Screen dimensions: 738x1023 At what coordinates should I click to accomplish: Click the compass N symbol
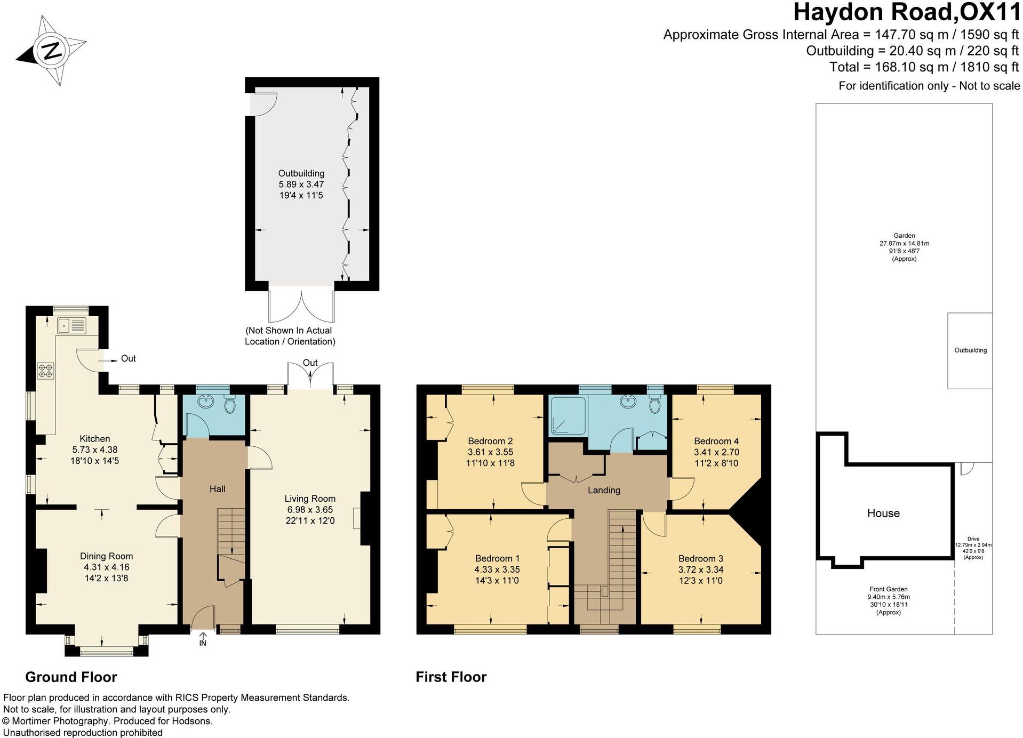52,51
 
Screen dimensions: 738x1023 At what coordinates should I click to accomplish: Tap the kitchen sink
71,325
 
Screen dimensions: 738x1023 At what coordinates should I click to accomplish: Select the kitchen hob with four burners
45,371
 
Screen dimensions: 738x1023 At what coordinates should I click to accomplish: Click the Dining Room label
106,556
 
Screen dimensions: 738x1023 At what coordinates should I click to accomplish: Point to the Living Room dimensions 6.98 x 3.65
309,510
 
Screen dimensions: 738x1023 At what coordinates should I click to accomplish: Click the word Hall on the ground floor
217,489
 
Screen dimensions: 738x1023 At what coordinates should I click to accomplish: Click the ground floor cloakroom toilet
230,405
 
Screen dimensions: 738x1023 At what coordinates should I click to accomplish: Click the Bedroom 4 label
716,441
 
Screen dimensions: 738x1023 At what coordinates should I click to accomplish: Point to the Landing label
604,490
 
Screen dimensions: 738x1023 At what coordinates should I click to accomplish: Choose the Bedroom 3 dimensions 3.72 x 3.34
700,569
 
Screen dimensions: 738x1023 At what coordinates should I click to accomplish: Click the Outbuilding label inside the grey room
301,173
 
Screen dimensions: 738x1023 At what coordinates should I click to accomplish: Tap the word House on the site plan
883,513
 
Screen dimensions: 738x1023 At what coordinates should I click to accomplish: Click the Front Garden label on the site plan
888,590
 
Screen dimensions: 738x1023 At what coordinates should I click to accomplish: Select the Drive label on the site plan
973,539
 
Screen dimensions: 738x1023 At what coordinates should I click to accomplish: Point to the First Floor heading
451,677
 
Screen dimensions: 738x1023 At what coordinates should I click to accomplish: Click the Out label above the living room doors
310,363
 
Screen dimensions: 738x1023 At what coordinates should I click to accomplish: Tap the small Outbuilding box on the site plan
970,350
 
